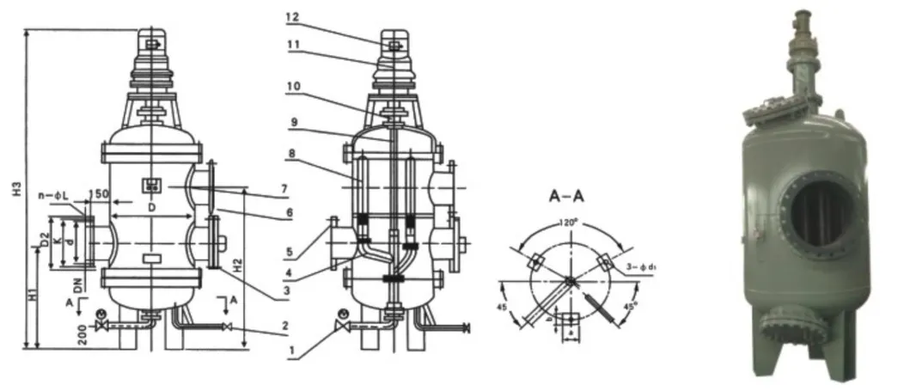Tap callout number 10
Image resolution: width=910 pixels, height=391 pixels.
click(294, 87)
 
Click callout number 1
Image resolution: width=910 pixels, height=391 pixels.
click(294, 352)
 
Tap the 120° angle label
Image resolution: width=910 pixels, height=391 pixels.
click(565, 220)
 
